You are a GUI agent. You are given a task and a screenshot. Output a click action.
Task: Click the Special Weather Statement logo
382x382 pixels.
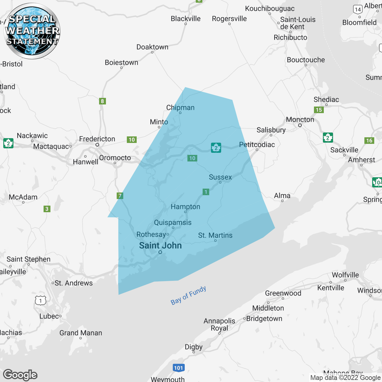[x=32, y=31]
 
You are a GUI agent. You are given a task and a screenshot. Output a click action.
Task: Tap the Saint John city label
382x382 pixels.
[x=160, y=246]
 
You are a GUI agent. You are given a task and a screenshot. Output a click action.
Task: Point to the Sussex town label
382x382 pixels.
[x=220, y=177]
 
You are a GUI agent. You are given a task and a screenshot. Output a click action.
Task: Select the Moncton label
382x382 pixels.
[x=300, y=120]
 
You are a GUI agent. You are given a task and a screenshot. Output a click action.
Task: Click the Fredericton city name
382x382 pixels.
[x=97, y=139]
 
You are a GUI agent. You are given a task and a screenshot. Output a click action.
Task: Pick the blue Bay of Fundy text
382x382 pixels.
[x=188, y=295]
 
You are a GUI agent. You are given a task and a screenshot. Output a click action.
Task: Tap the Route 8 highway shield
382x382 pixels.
[x=102, y=101]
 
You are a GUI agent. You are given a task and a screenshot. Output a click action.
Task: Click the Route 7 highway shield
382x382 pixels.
[x=120, y=196]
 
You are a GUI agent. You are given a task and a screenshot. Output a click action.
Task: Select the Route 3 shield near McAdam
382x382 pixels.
[x=47, y=209]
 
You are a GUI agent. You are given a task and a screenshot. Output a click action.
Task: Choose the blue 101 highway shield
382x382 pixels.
[x=178, y=368]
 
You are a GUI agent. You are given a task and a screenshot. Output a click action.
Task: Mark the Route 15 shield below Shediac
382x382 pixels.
[x=319, y=110]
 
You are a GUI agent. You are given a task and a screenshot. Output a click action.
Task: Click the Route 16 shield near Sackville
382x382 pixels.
[x=369, y=141]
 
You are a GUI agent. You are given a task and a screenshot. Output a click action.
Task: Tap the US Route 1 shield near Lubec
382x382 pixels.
[x=41, y=301]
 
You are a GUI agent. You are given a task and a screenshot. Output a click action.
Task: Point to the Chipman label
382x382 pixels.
[x=180, y=108]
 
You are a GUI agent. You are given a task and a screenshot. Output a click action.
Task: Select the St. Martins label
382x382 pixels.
[x=215, y=235]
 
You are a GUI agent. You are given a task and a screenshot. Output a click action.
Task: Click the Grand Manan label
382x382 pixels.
[x=81, y=333]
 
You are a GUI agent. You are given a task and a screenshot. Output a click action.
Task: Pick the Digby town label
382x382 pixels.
[x=193, y=347]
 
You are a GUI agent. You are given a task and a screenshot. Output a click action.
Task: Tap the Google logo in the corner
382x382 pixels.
[x=20, y=375]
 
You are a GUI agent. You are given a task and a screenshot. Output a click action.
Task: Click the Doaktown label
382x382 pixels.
[x=152, y=47]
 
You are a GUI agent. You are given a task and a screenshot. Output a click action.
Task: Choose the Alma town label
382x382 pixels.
[x=282, y=196]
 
